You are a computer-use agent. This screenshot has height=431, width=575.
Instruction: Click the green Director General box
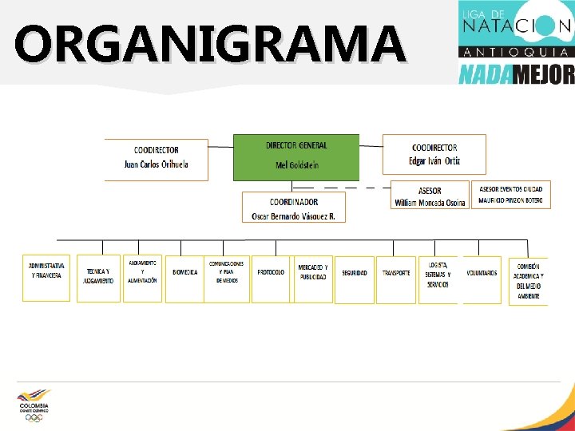point(296,156)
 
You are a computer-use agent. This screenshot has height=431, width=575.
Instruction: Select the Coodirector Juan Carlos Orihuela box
point(157,158)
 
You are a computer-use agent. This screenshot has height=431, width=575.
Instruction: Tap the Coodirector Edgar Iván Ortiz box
point(434,154)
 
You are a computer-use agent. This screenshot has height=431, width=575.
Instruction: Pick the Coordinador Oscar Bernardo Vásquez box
point(294,208)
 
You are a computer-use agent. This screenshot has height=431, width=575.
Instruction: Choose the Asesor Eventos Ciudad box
point(511,194)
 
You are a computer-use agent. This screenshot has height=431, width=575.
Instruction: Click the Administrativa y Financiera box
point(46,278)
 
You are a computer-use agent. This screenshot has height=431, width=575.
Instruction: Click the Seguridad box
point(355,279)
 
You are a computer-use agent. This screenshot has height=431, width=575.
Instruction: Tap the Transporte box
point(396,279)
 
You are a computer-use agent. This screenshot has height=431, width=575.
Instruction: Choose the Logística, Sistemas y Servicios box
point(438,279)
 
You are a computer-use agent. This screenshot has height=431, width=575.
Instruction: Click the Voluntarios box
point(482,279)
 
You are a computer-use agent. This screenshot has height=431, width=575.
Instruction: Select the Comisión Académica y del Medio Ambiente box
point(528,281)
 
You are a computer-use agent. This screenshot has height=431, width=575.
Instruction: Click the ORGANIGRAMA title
point(209,44)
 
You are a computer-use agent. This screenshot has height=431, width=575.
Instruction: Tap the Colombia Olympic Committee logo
point(34,405)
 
